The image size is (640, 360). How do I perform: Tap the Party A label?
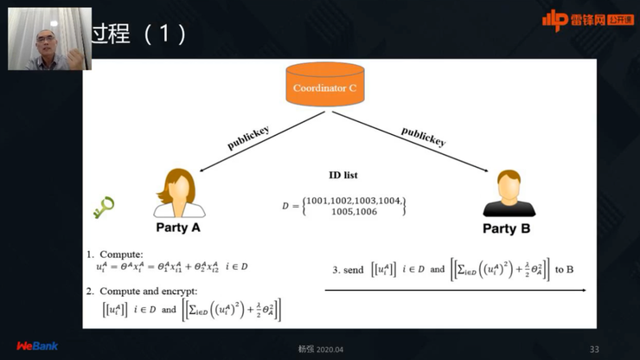(178, 228)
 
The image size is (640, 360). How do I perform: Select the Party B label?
(506, 228)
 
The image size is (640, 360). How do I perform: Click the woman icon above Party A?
(179, 194)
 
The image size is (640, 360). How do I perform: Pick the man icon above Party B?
(506, 194)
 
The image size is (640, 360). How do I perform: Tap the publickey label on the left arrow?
(248, 138)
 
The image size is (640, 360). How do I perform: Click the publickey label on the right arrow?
(423, 136)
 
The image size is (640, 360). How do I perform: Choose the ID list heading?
(343, 175)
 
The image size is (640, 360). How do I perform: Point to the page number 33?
(593, 349)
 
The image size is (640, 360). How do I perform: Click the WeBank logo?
(37, 346)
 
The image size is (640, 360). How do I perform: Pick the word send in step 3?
(354, 270)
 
